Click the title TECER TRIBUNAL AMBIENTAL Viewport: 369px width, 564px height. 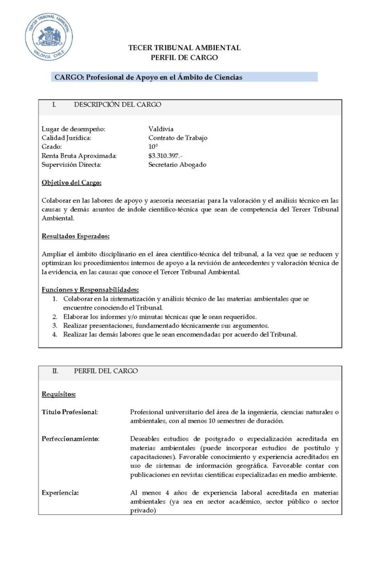click(184, 48)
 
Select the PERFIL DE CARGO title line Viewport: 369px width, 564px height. click(184, 57)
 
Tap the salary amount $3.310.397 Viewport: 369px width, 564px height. click(166, 156)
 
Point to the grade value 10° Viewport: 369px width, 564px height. click(153, 147)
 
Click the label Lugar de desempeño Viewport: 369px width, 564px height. click(73, 129)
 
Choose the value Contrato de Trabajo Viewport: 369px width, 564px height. click(178, 138)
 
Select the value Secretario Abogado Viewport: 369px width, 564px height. click(177, 165)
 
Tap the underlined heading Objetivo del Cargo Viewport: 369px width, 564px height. click(72, 183)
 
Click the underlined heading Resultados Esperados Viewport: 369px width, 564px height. click(75, 236)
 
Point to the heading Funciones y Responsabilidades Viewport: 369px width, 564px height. click(90, 290)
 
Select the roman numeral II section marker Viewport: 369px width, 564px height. click(55, 371)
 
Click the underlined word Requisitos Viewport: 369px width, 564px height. click(58, 394)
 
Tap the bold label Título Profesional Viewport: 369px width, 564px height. click(70, 412)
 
